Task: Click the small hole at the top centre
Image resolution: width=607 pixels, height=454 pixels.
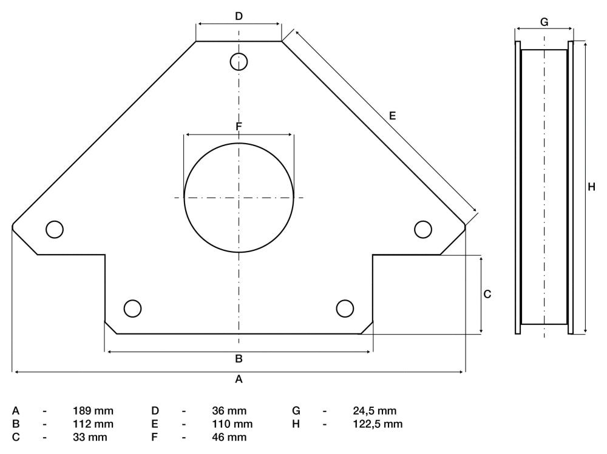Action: tap(239, 61)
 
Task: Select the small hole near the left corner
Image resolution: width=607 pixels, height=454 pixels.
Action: tap(55, 229)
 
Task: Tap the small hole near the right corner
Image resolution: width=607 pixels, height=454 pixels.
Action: tap(423, 229)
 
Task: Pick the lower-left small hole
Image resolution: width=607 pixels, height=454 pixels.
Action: tap(132, 308)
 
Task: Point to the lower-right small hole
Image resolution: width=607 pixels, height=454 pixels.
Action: tap(345, 308)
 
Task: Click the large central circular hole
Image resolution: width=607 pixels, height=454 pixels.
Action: tap(239, 198)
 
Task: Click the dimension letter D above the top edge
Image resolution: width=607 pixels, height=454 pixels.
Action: tap(239, 16)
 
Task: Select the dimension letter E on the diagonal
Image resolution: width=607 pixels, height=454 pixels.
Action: tap(392, 115)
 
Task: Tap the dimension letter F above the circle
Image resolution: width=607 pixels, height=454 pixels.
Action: tap(239, 126)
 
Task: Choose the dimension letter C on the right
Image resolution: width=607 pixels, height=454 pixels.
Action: tap(487, 294)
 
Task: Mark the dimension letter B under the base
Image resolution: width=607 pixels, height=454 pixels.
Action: tap(239, 358)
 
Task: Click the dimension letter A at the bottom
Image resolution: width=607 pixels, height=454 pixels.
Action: tap(239, 379)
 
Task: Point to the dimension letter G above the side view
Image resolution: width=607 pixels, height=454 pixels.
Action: tap(544, 22)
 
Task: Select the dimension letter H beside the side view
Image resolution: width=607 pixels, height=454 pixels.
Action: tap(592, 187)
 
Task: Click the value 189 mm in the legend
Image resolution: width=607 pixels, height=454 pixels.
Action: tap(93, 411)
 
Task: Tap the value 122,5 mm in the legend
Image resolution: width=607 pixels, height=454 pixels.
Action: tap(378, 424)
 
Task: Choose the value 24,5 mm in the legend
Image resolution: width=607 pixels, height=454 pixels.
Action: tap(375, 411)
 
